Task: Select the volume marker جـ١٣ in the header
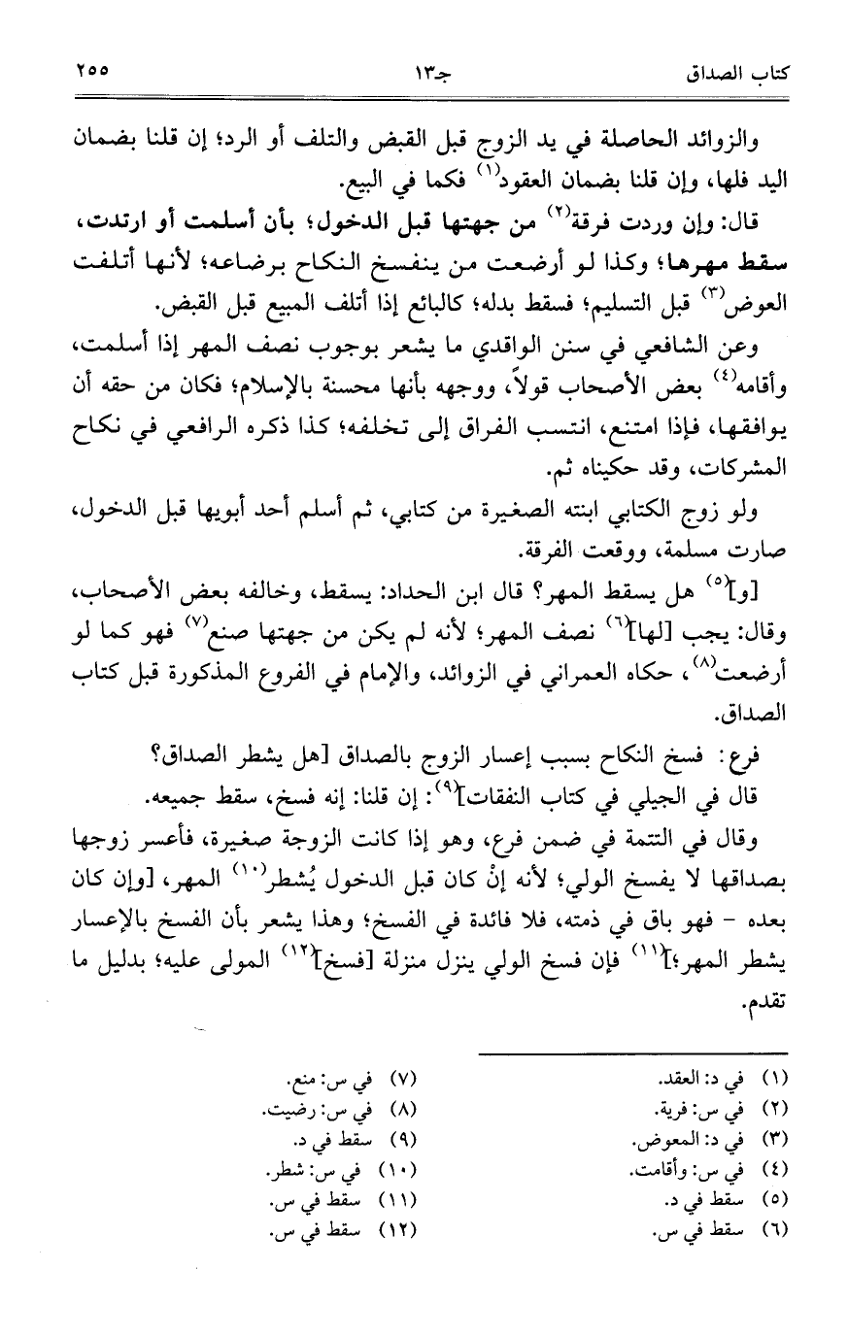coord(424,72)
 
